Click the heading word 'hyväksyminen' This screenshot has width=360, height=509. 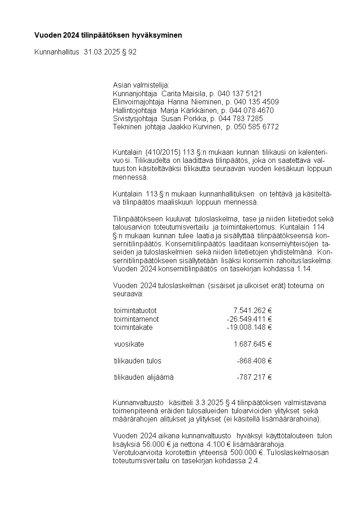(x=160, y=35)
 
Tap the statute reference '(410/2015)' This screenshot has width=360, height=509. (x=162, y=152)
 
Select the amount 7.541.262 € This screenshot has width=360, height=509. (x=252, y=311)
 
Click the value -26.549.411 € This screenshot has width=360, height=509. (x=249, y=319)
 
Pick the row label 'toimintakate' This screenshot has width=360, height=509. (x=133, y=327)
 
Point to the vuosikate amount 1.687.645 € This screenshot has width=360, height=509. (x=252, y=344)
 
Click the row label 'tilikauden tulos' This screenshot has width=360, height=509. (x=137, y=361)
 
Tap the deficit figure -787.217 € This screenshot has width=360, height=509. (x=254, y=377)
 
